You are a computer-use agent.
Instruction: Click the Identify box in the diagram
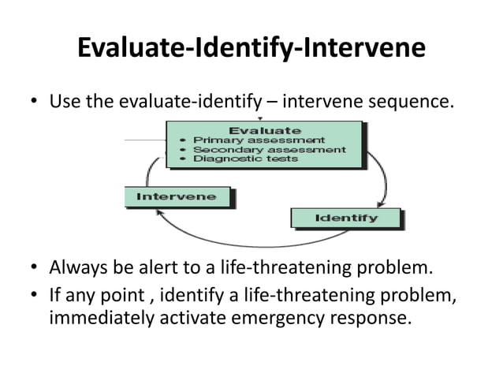tap(346, 218)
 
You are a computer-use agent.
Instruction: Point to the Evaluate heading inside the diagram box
tap(264, 129)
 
